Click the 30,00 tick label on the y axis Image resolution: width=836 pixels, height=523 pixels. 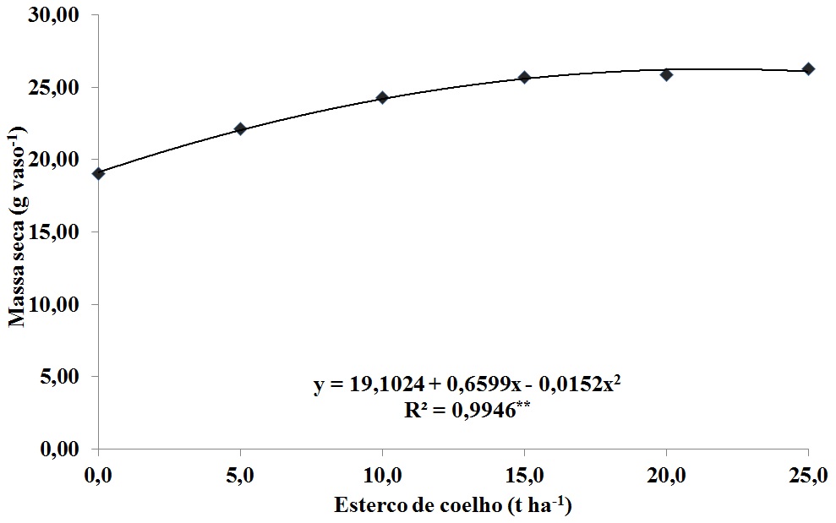62,15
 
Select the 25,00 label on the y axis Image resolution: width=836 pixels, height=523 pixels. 62,88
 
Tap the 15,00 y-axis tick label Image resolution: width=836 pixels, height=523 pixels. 62,232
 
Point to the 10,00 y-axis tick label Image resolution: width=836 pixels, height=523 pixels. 62,304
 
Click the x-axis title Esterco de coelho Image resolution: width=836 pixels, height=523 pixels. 454,506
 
